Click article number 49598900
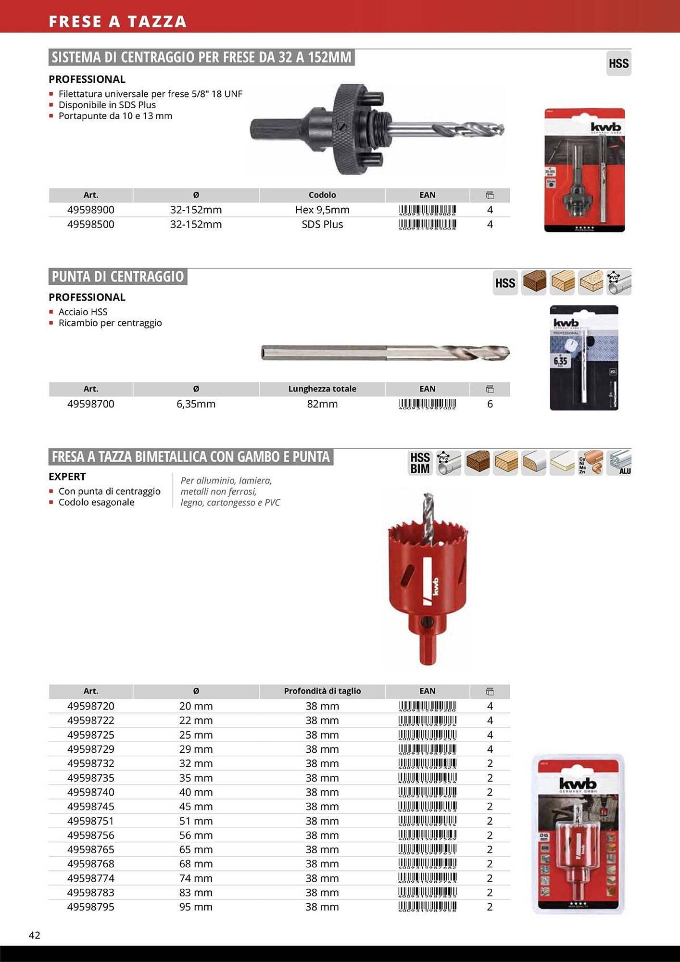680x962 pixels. pos(91,210)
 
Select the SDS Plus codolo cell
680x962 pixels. pos(322,224)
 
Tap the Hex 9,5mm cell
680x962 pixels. pos(322,210)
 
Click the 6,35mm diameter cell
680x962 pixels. pos(196,404)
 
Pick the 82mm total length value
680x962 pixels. pos(322,404)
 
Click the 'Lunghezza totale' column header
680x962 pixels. pos(322,389)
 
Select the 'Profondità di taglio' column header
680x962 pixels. pos(322,691)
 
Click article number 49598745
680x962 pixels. pos(91,806)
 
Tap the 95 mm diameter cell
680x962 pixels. pos(196,907)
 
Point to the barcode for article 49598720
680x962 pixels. pos(427,706)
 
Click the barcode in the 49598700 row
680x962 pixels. pos(427,404)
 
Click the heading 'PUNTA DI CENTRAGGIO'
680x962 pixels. pos(118,277)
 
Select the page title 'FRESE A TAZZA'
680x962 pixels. pos(117,22)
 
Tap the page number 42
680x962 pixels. pos(35,935)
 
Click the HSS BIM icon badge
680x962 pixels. pos(420,463)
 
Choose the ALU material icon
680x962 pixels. pos(619,463)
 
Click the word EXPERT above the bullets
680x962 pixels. pos(67,476)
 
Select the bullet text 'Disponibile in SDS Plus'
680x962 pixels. pos(107,105)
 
